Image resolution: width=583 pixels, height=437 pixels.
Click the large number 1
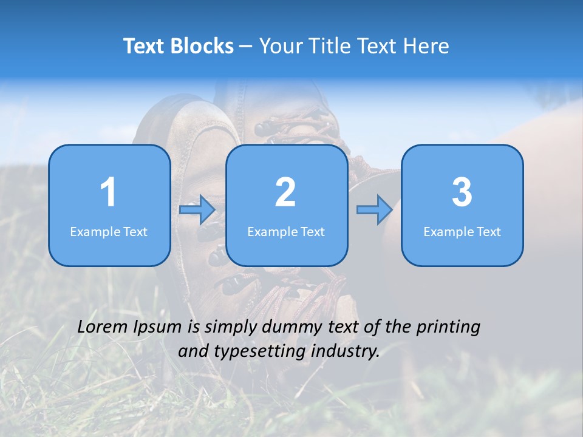pos(108,192)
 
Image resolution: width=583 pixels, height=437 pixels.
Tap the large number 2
pos(285,192)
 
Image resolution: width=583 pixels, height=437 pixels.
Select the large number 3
pos(462,192)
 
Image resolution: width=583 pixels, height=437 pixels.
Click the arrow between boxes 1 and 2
pos(197,209)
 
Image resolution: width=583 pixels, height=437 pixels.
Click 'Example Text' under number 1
pos(109,231)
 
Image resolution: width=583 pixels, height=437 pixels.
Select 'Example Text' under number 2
pos(286,231)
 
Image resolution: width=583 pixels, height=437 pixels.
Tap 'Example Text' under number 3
pos(462,231)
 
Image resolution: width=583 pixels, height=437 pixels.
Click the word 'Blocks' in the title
pos(202,46)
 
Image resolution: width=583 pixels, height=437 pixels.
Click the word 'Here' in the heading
pos(427,46)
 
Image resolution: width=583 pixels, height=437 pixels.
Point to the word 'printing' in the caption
pos(448,328)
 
